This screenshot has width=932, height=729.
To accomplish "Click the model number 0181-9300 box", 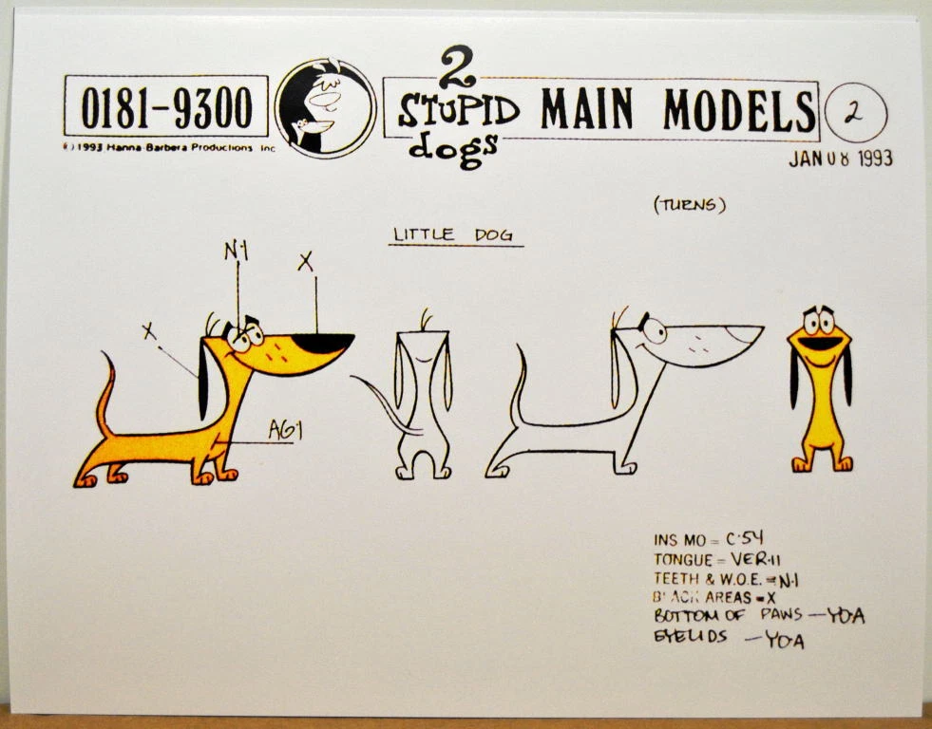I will point(166,106).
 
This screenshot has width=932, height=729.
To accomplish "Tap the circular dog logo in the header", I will point(325,107).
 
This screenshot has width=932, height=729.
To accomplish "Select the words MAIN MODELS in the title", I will point(677,110).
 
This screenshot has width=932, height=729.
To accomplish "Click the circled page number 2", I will point(856,113).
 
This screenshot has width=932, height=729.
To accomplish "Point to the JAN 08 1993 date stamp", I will point(840,159).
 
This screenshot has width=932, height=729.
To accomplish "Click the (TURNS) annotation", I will point(690,205).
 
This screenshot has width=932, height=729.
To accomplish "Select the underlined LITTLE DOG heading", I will point(455,234).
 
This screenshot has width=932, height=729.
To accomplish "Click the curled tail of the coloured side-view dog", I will point(109,389).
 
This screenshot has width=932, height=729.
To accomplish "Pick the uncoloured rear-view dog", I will point(423,399).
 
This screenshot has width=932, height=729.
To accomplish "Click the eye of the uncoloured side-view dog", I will point(653,328).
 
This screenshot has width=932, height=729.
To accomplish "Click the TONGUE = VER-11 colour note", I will point(717,559).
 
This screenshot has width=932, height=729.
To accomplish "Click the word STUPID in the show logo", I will point(459,112).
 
